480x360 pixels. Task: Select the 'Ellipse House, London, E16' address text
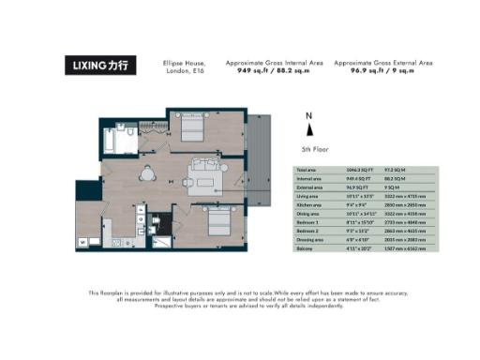tap(183, 67)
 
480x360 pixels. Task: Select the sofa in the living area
tap(204, 172)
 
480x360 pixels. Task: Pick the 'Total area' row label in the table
tap(306, 169)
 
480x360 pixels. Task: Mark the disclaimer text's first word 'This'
tap(96, 293)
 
